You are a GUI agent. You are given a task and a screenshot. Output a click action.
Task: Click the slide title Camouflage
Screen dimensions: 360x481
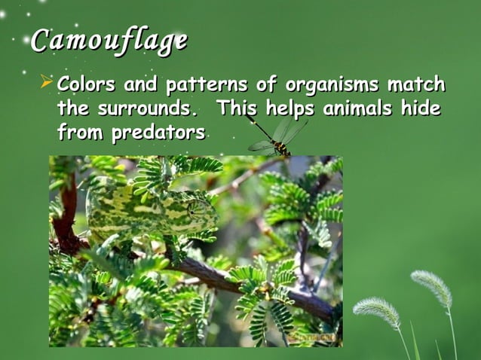coord(109,41)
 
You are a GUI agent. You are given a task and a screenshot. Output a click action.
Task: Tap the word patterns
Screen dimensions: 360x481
coord(198,84)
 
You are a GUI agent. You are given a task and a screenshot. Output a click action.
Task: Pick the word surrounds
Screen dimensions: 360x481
coord(146,108)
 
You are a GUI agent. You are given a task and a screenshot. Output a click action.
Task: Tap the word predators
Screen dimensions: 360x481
coord(158,134)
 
